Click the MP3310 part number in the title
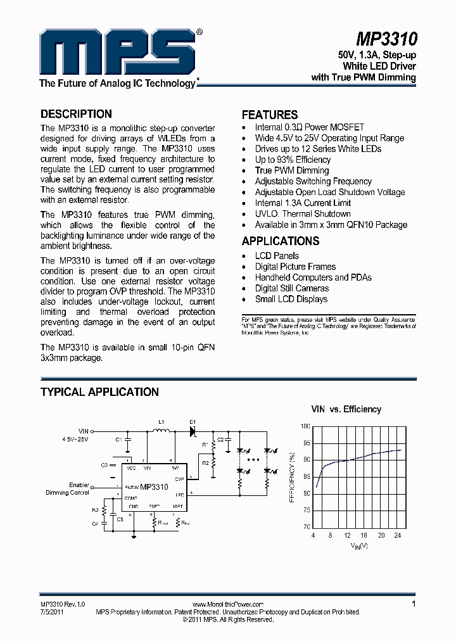point(386,40)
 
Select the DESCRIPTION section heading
point(76,114)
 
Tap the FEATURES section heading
point(270,115)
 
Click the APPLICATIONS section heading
point(281,241)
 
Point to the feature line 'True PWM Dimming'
point(292,170)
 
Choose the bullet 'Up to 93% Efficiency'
point(293,160)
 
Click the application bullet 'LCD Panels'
point(277,256)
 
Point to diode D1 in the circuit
point(193,430)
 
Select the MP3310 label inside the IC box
point(154,487)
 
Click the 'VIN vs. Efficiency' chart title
point(346,409)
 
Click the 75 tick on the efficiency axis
point(307,510)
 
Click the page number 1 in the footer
point(414,604)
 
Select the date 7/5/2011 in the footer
point(52,612)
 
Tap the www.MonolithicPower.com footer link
point(227,605)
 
